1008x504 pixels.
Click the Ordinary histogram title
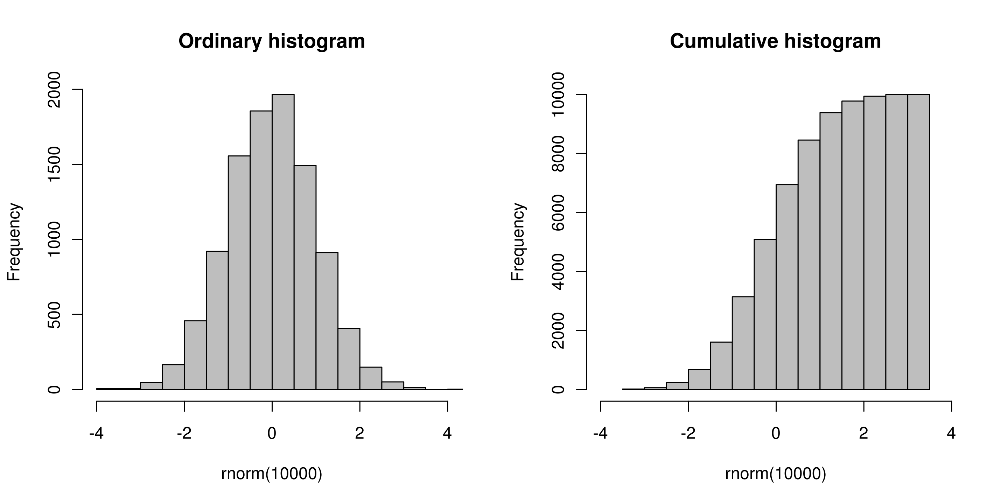pos(272,41)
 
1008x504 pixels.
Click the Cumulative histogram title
pos(775,41)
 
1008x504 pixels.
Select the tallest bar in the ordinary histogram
pos(283,243)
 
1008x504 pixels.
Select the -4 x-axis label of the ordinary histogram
pos(96,433)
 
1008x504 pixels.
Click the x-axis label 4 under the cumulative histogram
pos(951,433)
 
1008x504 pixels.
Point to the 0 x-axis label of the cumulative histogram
pos(776,433)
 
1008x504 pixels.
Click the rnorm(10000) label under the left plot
pos(272,474)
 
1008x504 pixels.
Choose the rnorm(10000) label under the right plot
pos(776,474)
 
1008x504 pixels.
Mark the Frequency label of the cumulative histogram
pos(518,242)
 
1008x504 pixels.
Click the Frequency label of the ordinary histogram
pos(14,242)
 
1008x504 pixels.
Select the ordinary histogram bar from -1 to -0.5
pos(239,274)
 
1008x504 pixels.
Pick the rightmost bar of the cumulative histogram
pos(919,243)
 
